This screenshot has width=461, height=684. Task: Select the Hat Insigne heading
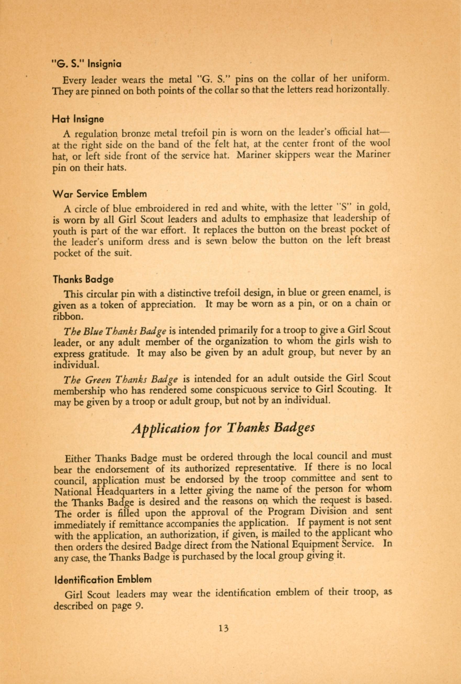tap(78, 119)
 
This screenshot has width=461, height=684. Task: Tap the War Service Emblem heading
tap(100, 194)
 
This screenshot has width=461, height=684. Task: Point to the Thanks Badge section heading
tap(83, 279)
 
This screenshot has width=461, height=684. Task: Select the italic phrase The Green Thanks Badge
tap(120, 380)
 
